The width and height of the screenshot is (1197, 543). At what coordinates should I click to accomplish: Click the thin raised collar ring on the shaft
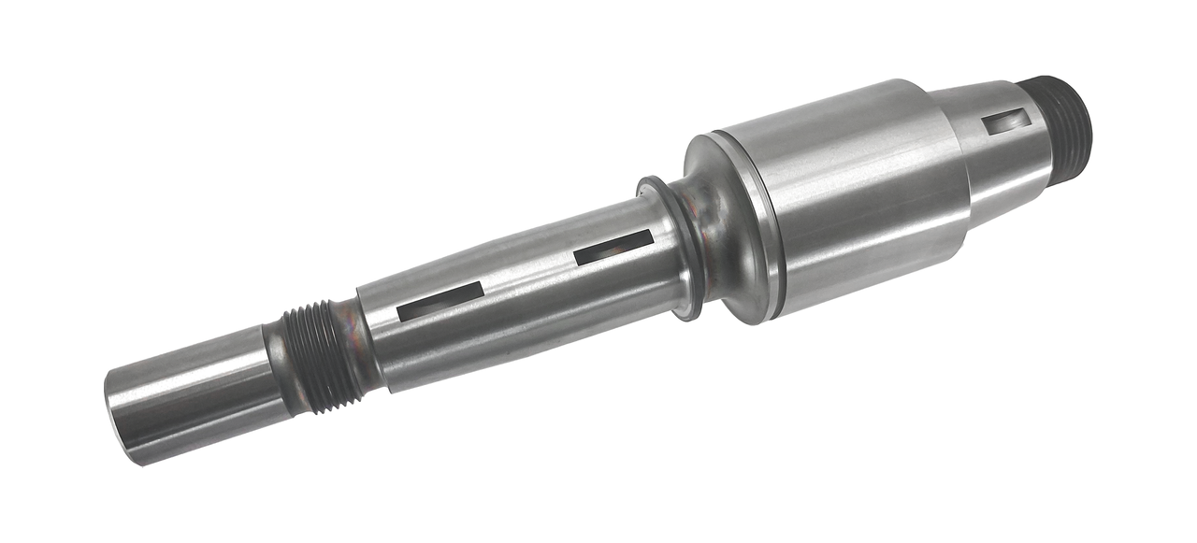pos(669,248)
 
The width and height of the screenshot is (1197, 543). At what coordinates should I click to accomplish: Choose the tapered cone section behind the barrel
pos(996,150)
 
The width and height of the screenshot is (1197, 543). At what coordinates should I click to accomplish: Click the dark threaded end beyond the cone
pos(1061,131)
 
